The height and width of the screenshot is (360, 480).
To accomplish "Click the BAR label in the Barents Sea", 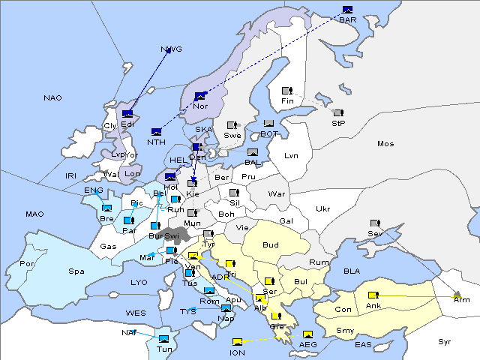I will pyautogui.click(x=348, y=20).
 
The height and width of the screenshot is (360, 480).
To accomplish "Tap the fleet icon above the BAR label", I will pyautogui.click(x=347, y=10).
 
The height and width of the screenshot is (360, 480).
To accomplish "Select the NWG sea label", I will pyautogui.click(x=171, y=49).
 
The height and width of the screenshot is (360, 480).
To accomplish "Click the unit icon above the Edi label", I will pyautogui.click(x=127, y=114).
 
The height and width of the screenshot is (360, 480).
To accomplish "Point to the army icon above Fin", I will pyautogui.click(x=286, y=91).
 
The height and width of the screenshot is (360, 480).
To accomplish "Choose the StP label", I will pyautogui.click(x=338, y=122).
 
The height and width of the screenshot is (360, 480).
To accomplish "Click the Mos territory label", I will pyautogui.click(x=385, y=143).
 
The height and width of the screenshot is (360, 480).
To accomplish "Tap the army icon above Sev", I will pyautogui.click(x=375, y=223).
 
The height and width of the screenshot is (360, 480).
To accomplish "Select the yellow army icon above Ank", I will pyautogui.click(x=373, y=295).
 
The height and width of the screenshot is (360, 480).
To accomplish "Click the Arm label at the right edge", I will pyautogui.click(x=462, y=299).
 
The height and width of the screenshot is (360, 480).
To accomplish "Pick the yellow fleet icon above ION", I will pyautogui.click(x=238, y=342).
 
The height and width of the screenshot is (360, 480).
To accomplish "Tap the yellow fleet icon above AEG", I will pyautogui.click(x=307, y=334).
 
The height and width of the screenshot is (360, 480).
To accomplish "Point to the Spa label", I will pyautogui.click(x=76, y=271).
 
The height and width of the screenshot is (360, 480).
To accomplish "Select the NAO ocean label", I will pyautogui.click(x=52, y=98).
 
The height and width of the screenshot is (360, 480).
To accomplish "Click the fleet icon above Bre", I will pyautogui.click(x=107, y=208).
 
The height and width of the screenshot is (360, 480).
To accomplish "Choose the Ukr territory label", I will pyautogui.click(x=322, y=208).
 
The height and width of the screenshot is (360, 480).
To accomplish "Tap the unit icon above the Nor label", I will pyautogui.click(x=200, y=96).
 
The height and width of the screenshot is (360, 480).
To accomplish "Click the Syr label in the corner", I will pyautogui.click(x=445, y=341).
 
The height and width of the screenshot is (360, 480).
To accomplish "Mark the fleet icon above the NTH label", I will pyautogui.click(x=156, y=131).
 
